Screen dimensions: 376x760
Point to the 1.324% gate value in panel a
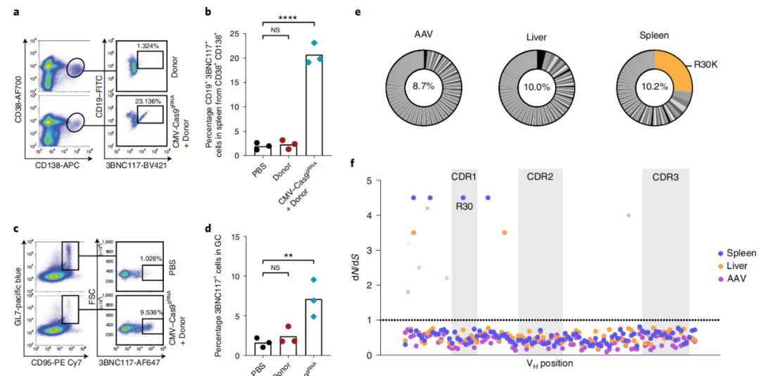150,46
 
